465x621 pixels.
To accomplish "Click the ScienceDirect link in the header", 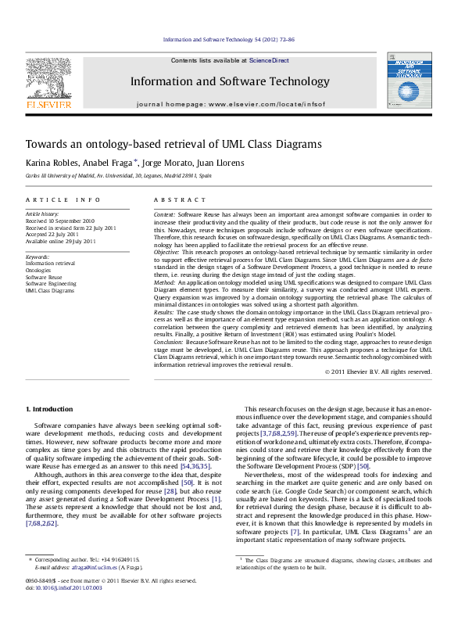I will tap(269, 60).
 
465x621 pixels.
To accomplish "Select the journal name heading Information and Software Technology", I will tap(218, 81).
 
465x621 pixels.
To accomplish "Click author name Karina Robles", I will tap(50, 163).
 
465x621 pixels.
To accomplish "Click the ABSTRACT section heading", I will tap(174, 200).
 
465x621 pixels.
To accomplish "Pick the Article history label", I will tap(43, 213).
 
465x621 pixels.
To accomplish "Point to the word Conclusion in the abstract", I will tap(169, 342).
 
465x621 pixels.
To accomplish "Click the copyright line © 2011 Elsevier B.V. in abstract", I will tap(377, 371).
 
